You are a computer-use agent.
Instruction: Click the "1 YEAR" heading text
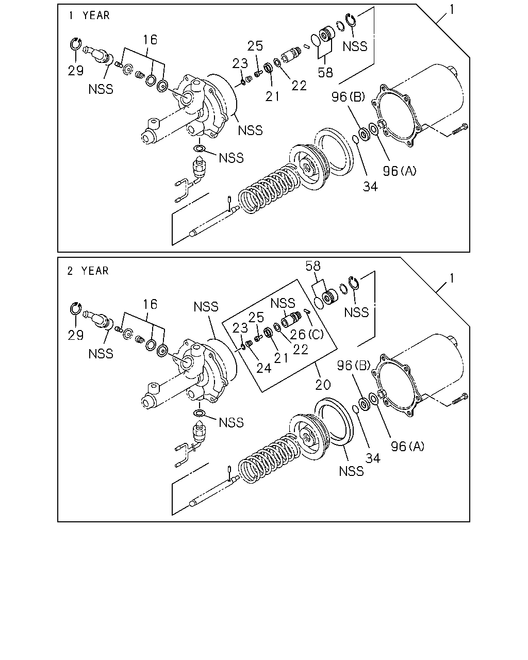pyautogui.click(x=89, y=15)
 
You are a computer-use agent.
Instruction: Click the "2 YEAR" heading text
pyautogui.click(x=88, y=271)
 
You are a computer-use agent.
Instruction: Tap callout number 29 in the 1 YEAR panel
pyautogui.click(x=75, y=71)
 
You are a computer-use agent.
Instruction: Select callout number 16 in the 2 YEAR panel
pyautogui.click(x=150, y=304)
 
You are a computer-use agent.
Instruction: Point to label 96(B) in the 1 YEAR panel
pyautogui.click(x=348, y=97)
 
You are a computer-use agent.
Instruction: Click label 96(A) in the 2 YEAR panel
pyautogui.click(x=407, y=446)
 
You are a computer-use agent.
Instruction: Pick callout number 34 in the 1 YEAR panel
pyautogui.click(x=370, y=187)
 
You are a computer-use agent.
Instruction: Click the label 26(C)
pyautogui.click(x=306, y=334)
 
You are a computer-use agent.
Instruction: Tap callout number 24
pyautogui.click(x=264, y=368)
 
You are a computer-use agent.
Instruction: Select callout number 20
pyautogui.click(x=323, y=385)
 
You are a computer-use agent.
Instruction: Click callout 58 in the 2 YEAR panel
pyautogui.click(x=313, y=266)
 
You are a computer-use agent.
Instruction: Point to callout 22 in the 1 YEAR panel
pyautogui.click(x=299, y=86)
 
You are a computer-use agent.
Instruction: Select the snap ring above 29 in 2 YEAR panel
pyautogui.click(x=75, y=309)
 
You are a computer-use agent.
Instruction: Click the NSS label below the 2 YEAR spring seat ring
pyautogui.click(x=351, y=471)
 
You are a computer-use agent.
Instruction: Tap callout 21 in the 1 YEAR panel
pyautogui.click(x=272, y=96)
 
